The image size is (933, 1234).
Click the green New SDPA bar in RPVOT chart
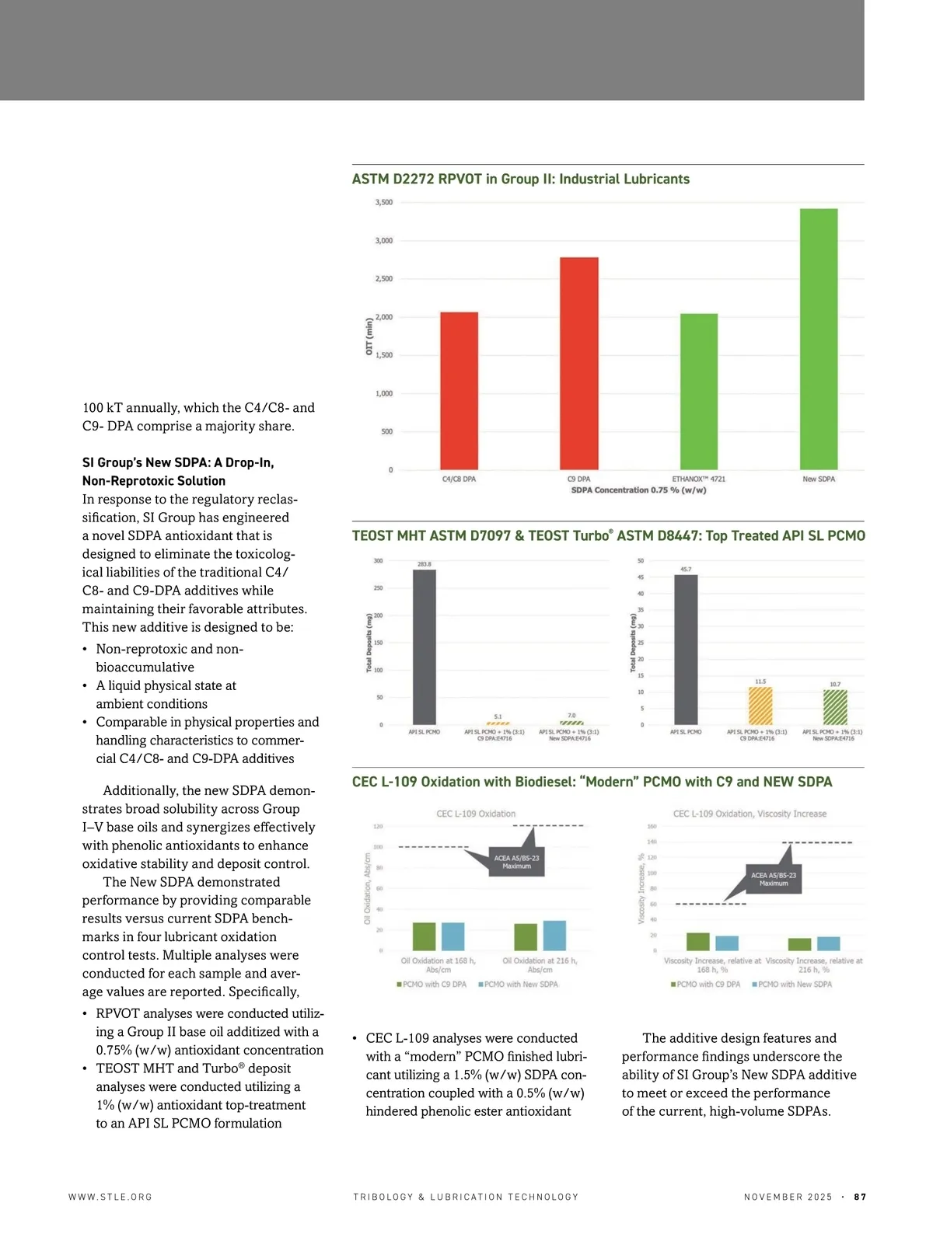click(x=819, y=339)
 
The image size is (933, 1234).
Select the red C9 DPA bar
click(x=579, y=363)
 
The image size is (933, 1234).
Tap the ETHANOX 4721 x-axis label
click(x=698, y=479)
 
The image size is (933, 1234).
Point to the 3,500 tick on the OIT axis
click(x=384, y=203)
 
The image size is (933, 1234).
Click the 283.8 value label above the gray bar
click(x=425, y=564)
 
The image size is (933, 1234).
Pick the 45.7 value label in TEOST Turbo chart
click(x=686, y=570)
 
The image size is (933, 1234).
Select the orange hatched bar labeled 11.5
click(x=760, y=706)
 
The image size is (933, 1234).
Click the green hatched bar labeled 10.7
click(x=835, y=707)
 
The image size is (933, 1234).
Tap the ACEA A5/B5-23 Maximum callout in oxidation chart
click(x=516, y=862)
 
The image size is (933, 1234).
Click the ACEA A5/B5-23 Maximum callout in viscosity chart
click(x=774, y=879)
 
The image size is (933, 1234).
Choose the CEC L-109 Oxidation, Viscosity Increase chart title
click(x=750, y=814)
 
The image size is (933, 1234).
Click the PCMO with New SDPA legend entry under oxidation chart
click(x=518, y=985)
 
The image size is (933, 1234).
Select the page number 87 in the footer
click(x=860, y=1197)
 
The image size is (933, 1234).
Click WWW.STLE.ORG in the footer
click(x=110, y=1197)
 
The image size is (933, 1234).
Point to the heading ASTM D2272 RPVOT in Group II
click(x=520, y=180)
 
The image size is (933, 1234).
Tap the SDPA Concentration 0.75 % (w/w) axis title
click(x=638, y=490)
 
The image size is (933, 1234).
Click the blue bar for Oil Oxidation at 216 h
click(x=554, y=936)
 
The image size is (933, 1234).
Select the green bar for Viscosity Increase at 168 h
click(x=697, y=942)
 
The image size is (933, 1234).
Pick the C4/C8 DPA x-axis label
click(x=459, y=479)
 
